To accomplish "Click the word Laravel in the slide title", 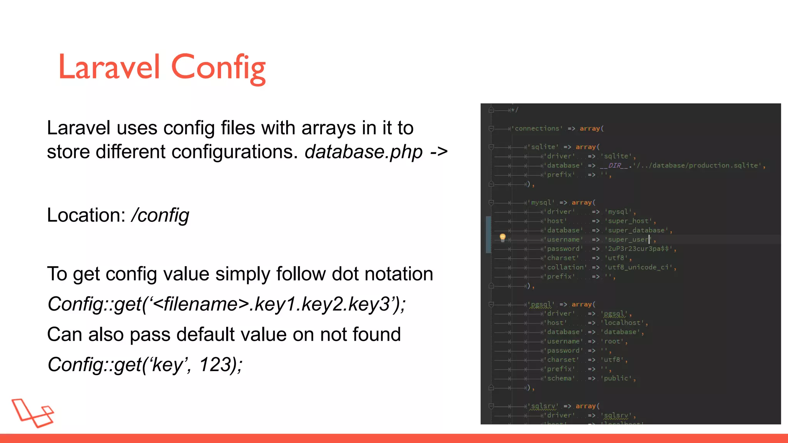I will (x=109, y=67).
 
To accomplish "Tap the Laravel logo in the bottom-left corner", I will (x=33, y=413).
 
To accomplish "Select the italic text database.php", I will (x=363, y=152).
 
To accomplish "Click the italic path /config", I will (x=160, y=215).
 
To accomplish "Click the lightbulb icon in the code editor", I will (x=503, y=237).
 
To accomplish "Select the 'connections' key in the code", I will (x=537, y=128).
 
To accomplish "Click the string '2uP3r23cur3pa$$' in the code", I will (x=639, y=249).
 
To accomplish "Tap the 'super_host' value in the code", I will (x=628, y=221).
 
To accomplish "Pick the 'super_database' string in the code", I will (x=636, y=230).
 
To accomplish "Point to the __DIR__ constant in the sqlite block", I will (x=614, y=165).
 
